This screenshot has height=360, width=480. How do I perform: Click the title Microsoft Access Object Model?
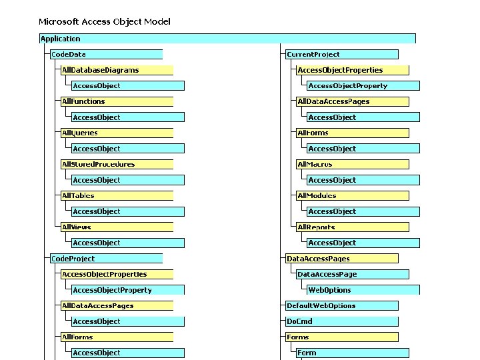[105, 22]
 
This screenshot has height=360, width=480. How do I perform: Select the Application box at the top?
[227, 39]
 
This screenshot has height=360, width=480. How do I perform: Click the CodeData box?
[106, 54]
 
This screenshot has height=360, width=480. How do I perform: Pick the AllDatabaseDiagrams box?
[117, 70]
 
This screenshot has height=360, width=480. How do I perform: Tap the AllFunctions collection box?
[117, 101]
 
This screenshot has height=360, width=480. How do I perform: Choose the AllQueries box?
[117, 133]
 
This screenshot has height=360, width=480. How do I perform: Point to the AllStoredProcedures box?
[117, 164]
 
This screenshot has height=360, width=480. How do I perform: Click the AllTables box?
[117, 195]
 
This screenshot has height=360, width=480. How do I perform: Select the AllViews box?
[117, 227]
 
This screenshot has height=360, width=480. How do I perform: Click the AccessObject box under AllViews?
[128, 243]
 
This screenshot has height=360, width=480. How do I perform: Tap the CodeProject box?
[106, 259]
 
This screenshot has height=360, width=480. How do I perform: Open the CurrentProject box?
[342, 54]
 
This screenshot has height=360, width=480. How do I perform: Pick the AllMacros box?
[353, 164]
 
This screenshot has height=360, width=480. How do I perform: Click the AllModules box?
[353, 195]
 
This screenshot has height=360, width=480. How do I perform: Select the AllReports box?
[353, 227]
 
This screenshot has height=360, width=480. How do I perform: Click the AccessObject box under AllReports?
[363, 243]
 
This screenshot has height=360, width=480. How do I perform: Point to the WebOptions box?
[363, 290]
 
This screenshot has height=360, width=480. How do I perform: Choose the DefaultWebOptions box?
[342, 305]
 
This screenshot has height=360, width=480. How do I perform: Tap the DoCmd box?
[342, 321]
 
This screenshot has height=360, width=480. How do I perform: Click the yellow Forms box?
[342, 337]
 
